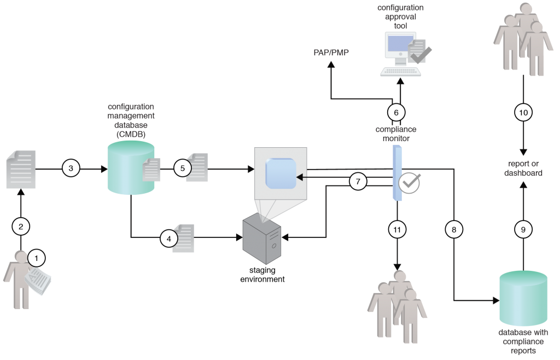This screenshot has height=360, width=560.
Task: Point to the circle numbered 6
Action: (x=396, y=112)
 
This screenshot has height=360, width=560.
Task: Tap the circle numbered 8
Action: (x=453, y=230)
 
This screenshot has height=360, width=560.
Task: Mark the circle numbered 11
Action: (x=396, y=230)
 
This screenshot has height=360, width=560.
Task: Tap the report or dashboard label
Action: (x=523, y=168)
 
